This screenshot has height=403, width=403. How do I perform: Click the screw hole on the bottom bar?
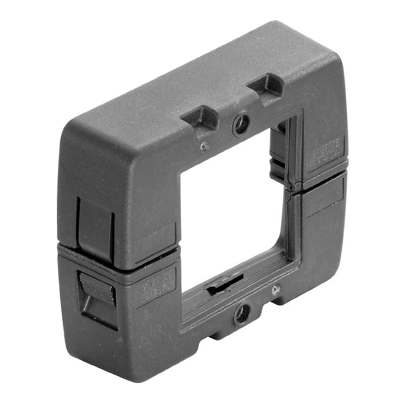coord(242,314)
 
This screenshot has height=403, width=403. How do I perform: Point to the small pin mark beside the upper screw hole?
coord(204,147)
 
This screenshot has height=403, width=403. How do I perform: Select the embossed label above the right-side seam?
coord(326,151)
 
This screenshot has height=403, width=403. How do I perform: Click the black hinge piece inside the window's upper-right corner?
coord(280,154)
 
